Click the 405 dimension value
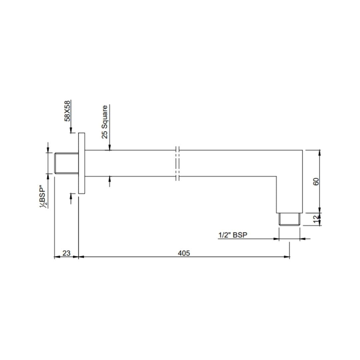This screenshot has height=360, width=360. click(x=184, y=253)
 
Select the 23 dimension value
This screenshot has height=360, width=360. click(x=66, y=253)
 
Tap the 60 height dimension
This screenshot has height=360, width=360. click(x=316, y=182)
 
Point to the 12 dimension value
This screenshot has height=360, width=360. click(x=316, y=219)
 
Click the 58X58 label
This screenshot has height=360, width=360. click(x=68, y=111)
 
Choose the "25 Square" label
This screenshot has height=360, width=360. click(x=105, y=122)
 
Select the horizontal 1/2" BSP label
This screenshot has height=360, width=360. click(x=233, y=235)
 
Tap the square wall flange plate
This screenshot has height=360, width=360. click(x=82, y=163)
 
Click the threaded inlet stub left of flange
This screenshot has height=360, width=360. click(x=67, y=163)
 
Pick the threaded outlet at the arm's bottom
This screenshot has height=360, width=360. click(x=290, y=220)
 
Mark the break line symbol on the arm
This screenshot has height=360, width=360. click(x=177, y=163)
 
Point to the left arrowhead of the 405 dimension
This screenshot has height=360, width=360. click(x=81, y=257)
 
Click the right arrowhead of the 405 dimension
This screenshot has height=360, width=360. click(x=287, y=257)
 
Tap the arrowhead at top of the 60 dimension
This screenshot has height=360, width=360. click(x=320, y=153)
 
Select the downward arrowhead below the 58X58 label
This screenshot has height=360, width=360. click(x=71, y=130)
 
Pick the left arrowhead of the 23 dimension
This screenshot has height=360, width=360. click(x=57, y=257)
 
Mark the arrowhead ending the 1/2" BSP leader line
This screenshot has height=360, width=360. click(x=276, y=239)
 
